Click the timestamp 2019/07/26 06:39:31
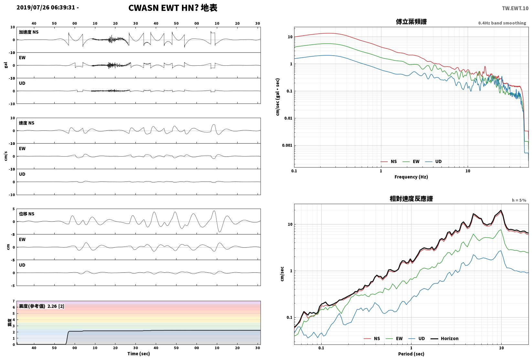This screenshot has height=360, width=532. tap(46, 7)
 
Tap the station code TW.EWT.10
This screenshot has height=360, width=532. tap(515, 8)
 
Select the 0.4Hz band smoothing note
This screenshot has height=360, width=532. tap(502, 23)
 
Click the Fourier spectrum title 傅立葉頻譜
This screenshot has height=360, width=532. tap(411, 22)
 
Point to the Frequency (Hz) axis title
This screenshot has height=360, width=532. tap(411, 177)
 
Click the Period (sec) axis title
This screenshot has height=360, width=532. tap(411, 354)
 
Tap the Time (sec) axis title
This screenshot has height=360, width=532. tap(138, 354)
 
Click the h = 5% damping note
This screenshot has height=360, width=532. tap(519, 200)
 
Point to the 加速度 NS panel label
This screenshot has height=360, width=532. tap(28, 32)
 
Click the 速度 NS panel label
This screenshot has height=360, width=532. tap(27, 123)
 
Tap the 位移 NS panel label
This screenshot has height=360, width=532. tap(27, 213)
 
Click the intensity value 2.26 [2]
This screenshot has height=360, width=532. tap(56, 306)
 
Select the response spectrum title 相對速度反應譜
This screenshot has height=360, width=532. tap(411, 199)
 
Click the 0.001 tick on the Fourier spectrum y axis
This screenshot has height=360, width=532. tap(287, 145)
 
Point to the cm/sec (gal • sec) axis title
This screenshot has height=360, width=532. tap(278, 97)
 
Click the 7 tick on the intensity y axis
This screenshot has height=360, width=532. tap(14, 301)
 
